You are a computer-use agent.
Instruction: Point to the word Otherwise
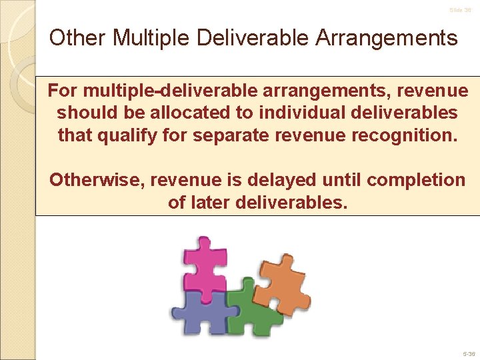[97, 179]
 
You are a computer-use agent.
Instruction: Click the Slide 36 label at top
[460, 10]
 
